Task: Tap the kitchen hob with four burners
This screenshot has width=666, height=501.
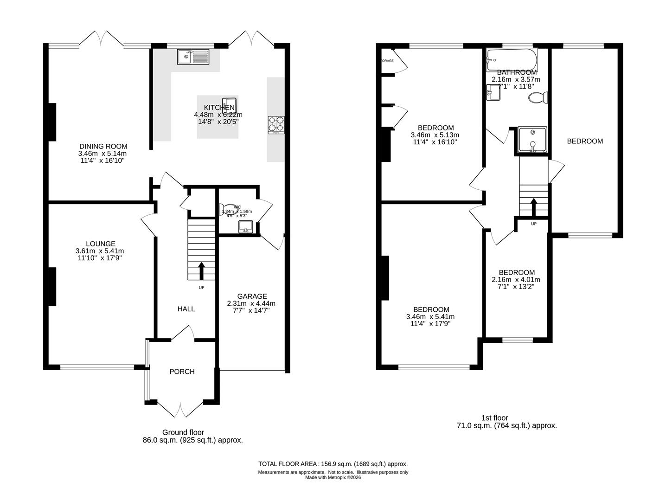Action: coord(276,125)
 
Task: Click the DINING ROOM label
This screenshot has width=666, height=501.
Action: coord(103,146)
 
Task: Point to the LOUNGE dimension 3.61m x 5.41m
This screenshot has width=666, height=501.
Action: coord(100,251)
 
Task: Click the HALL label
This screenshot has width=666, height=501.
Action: coord(186,309)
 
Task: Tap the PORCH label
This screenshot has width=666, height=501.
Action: coord(182,372)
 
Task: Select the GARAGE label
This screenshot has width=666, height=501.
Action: coord(252,296)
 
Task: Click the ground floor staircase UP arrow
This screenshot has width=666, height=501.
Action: coord(201,271)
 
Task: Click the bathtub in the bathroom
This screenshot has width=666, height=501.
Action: coord(512,60)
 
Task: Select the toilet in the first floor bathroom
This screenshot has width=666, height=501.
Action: coord(538,98)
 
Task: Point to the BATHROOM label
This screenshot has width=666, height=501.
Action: coord(517,72)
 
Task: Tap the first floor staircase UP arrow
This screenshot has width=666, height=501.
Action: coord(533,207)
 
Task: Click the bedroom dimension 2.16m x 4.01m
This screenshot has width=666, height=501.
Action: coord(516,280)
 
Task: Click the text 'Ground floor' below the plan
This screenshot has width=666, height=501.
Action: coord(183,432)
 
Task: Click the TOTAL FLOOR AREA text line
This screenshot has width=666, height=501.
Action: coord(333,464)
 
